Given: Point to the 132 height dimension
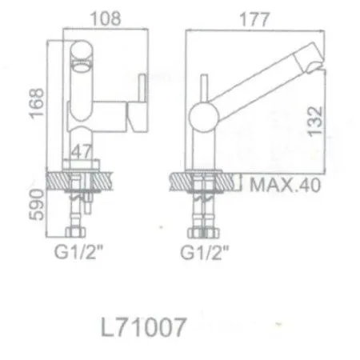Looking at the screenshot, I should coord(318,120).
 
